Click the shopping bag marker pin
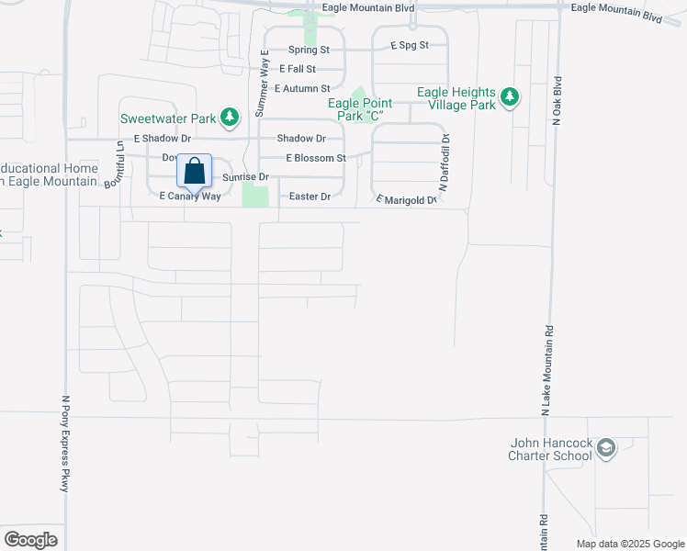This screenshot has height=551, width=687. point(194,171)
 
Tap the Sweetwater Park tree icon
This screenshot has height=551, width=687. point(230,117)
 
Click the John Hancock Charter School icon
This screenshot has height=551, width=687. point(605,448)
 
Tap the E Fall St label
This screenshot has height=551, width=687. point(298,69)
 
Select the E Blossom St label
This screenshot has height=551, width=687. point(315,158)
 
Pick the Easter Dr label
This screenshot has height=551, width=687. point(309,197)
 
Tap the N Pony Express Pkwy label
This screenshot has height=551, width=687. point(65,444)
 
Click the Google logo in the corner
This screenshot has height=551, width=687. point(30,540)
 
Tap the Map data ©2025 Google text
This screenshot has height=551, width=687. point(630,544)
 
